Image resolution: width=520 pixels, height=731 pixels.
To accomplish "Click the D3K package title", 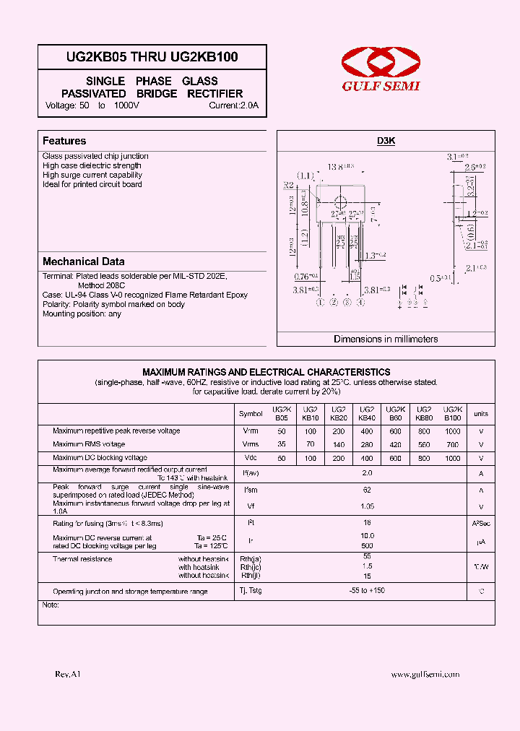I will pyautogui.click(x=386, y=142).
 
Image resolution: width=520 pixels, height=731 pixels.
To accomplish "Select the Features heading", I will pyautogui.click(x=64, y=141).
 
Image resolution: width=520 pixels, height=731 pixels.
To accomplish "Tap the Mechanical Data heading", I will pyautogui.click(x=83, y=261).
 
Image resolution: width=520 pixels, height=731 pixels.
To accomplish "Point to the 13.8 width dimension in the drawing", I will pyautogui.click(x=339, y=167).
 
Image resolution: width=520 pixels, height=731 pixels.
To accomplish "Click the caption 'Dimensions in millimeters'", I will pyautogui.click(x=386, y=339).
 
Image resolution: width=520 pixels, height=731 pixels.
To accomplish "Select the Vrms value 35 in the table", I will pyautogui.click(x=281, y=444).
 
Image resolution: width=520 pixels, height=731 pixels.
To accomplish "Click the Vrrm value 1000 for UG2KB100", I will pyautogui.click(x=453, y=431).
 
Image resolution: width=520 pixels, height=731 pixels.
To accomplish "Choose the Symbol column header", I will pyautogui.click(x=251, y=414).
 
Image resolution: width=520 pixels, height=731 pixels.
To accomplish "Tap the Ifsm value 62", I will pyautogui.click(x=367, y=490).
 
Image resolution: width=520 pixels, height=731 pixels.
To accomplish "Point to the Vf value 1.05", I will pyautogui.click(x=367, y=506).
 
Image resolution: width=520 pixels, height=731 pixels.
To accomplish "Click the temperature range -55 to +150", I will pyautogui.click(x=367, y=591).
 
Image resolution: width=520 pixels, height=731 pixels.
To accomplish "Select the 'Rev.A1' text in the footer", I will pyautogui.click(x=68, y=674).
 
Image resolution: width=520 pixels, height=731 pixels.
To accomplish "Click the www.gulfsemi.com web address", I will pyautogui.click(x=425, y=674).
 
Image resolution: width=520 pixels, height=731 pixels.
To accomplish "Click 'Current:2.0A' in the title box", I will pyautogui.click(x=233, y=105).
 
